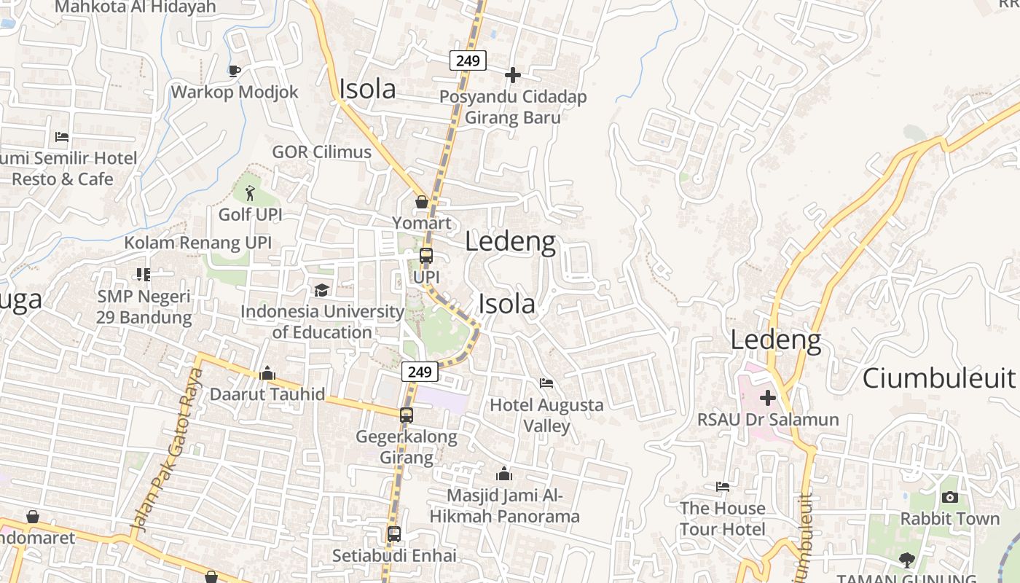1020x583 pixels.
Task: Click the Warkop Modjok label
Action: (x=235, y=92)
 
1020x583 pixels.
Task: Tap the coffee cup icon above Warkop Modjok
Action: (x=234, y=71)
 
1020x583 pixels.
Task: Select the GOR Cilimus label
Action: (x=321, y=152)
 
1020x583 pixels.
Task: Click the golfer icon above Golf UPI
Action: (x=251, y=193)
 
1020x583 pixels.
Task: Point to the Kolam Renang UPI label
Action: (x=198, y=243)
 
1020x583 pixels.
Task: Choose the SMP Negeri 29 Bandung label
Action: (x=144, y=307)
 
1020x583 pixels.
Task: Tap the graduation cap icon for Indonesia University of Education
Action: (x=321, y=290)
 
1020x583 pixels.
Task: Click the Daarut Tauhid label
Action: (x=267, y=394)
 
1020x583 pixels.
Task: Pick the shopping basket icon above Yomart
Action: (x=422, y=202)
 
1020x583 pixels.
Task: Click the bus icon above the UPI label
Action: (x=426, y=256)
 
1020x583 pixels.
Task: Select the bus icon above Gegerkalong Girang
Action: (x=407, y=415)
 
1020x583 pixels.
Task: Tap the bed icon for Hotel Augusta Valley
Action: (x=546, y=383)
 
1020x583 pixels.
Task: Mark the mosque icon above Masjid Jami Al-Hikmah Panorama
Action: (x=504, y=474)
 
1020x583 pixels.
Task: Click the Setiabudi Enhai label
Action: (x=394, y=555)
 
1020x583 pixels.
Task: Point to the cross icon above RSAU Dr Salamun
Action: (x=768, y=398)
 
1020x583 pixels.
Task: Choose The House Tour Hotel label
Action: (x=723, y=518)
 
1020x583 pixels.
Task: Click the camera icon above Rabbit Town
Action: (x=950, y=497)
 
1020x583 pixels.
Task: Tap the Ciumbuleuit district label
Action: (x=938, y=378)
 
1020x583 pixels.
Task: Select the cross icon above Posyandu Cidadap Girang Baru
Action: (x=513, y=74)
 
